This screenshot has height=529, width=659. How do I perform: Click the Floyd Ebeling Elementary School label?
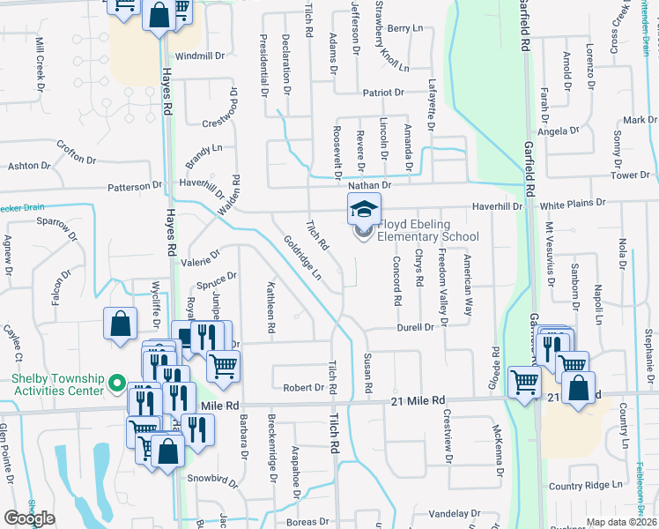tap(428, 231)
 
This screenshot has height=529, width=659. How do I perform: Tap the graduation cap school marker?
tap(363, 210)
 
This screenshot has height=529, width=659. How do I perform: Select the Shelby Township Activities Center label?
tap(58, 384)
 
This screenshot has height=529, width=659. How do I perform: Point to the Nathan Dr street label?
tap(368, 185)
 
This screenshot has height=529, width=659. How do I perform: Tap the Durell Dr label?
tap(416, 327)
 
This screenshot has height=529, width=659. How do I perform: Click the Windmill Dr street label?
tap(200, 56)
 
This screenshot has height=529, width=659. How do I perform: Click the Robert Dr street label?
tap(304, 387)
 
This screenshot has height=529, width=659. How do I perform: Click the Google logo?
tap(29, 518)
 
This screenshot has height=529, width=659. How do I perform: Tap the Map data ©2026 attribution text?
tap(621, 522)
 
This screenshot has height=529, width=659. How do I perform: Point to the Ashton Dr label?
tap(23, 166)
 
